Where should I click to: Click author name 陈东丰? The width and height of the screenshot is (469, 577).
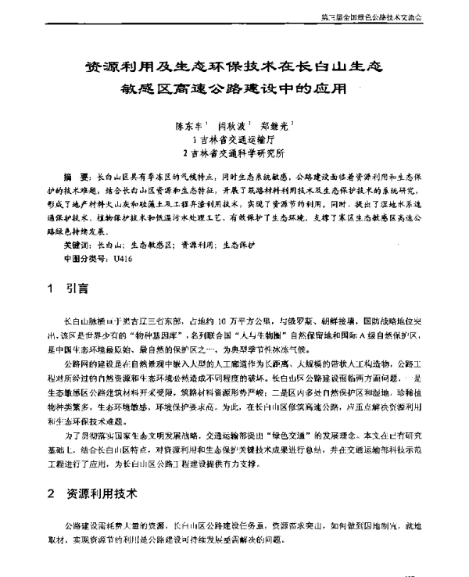click(x=192, y=124)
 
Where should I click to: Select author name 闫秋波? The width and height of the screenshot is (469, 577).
click(x=234, y=124)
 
